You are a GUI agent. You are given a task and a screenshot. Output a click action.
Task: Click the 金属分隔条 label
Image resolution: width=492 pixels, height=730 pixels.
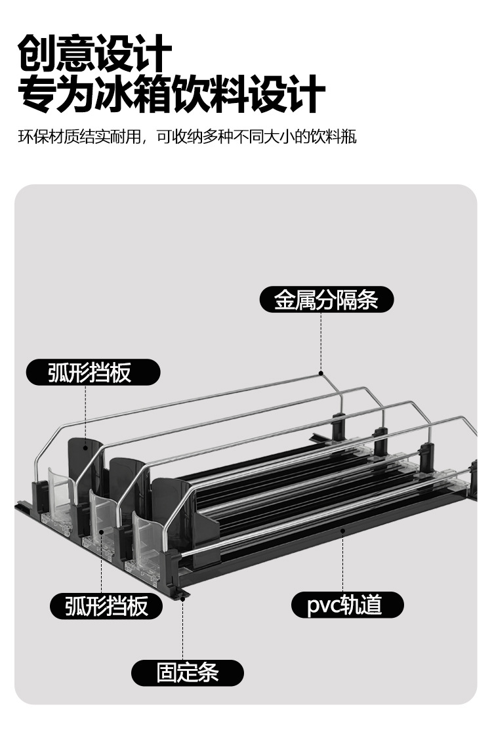326,300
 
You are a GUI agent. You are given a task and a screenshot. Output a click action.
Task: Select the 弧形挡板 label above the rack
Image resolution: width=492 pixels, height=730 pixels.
92,372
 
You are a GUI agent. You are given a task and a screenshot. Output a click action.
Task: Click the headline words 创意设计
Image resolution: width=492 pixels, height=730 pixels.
94,54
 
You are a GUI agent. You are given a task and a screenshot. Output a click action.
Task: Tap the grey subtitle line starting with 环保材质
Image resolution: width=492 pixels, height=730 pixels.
187,138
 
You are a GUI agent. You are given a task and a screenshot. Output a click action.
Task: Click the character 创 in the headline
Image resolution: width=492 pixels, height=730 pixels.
36,54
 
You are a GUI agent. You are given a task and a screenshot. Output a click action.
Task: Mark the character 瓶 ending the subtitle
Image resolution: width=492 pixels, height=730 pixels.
349,138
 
